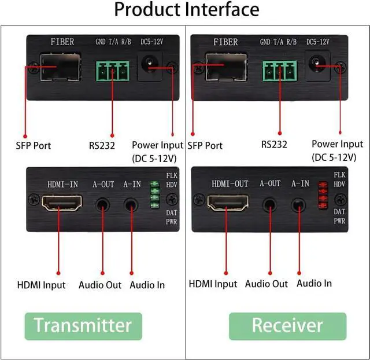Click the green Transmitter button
83,325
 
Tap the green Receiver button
287,325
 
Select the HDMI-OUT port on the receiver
228,203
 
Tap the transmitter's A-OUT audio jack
103,204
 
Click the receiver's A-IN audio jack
298,204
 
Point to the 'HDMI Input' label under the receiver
213,284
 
